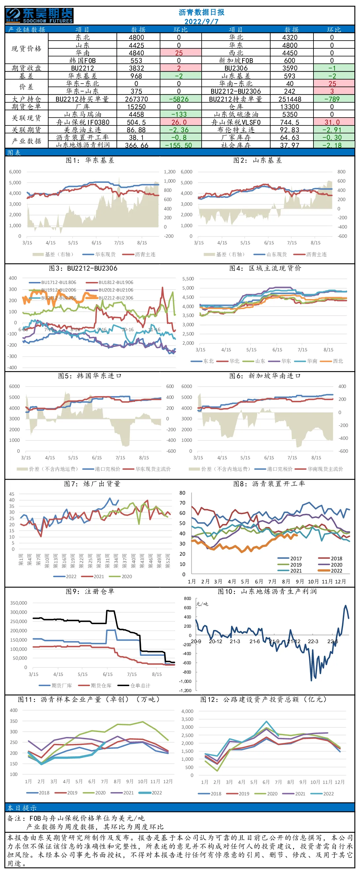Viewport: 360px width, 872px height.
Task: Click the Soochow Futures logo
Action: [x=40, y=16]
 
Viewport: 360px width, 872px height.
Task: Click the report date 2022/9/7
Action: [x=202, y=21]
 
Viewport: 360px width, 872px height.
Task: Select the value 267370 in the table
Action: [x=136, y=99]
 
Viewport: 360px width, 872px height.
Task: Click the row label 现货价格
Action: [x=26, y=49]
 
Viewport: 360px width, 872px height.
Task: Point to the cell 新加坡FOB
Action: [x=236, y=60]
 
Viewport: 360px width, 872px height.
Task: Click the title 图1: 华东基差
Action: [x=90, y=160]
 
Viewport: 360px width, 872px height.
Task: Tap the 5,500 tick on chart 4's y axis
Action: [x=188, y=279]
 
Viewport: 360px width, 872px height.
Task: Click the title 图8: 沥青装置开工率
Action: [x=269, y=484]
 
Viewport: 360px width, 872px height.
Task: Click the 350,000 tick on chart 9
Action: [x=18, y=603]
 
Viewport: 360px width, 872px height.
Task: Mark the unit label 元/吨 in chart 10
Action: [x=203, y=604]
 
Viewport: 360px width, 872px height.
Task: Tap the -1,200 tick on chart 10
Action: [x=185, y=690]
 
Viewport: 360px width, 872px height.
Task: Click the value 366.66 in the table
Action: [x=136, y=145]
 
